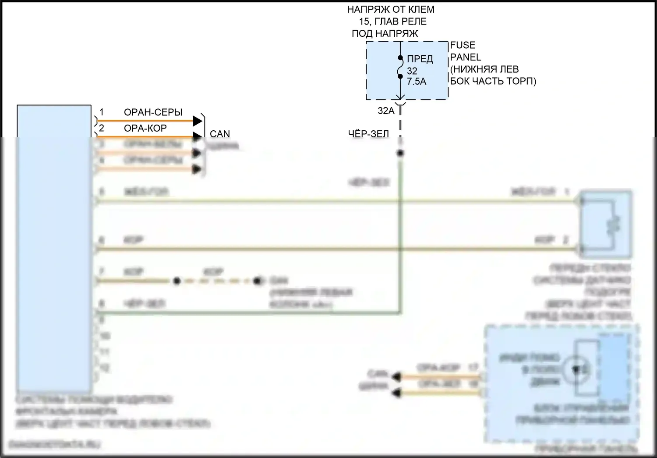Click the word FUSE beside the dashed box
click(463, 45)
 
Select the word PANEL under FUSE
click(465, 57)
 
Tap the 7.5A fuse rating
click(417, 82)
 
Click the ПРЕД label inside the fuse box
click(420, 59)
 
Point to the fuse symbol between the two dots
click(400, 67)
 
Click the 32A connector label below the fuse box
click(386, 111)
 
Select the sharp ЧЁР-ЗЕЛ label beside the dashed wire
click(368, 134)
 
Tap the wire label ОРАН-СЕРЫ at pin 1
click(153, 112)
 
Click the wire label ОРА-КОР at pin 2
click(145, 128)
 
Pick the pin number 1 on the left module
click(102, 112)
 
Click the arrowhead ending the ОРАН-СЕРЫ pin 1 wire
click(198, 120)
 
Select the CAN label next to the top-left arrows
click(219, 134)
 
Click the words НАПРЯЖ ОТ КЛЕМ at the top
click(391, 9)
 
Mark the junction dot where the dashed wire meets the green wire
click(400, 153)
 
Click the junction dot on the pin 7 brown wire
click(177, 281)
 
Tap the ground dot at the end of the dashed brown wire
click(258, 281)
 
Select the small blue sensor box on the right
click(606, 224)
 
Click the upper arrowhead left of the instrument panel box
click(397, 376)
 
